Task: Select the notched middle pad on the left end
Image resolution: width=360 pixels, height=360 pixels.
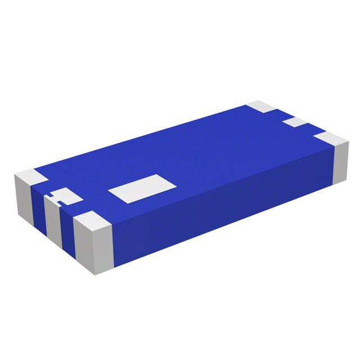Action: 66,197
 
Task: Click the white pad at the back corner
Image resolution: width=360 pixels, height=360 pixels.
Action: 260,106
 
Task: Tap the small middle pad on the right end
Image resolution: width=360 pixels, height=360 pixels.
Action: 294,121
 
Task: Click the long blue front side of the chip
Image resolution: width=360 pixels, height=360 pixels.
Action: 225,202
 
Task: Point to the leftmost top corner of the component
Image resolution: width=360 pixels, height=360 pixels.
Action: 15,176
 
